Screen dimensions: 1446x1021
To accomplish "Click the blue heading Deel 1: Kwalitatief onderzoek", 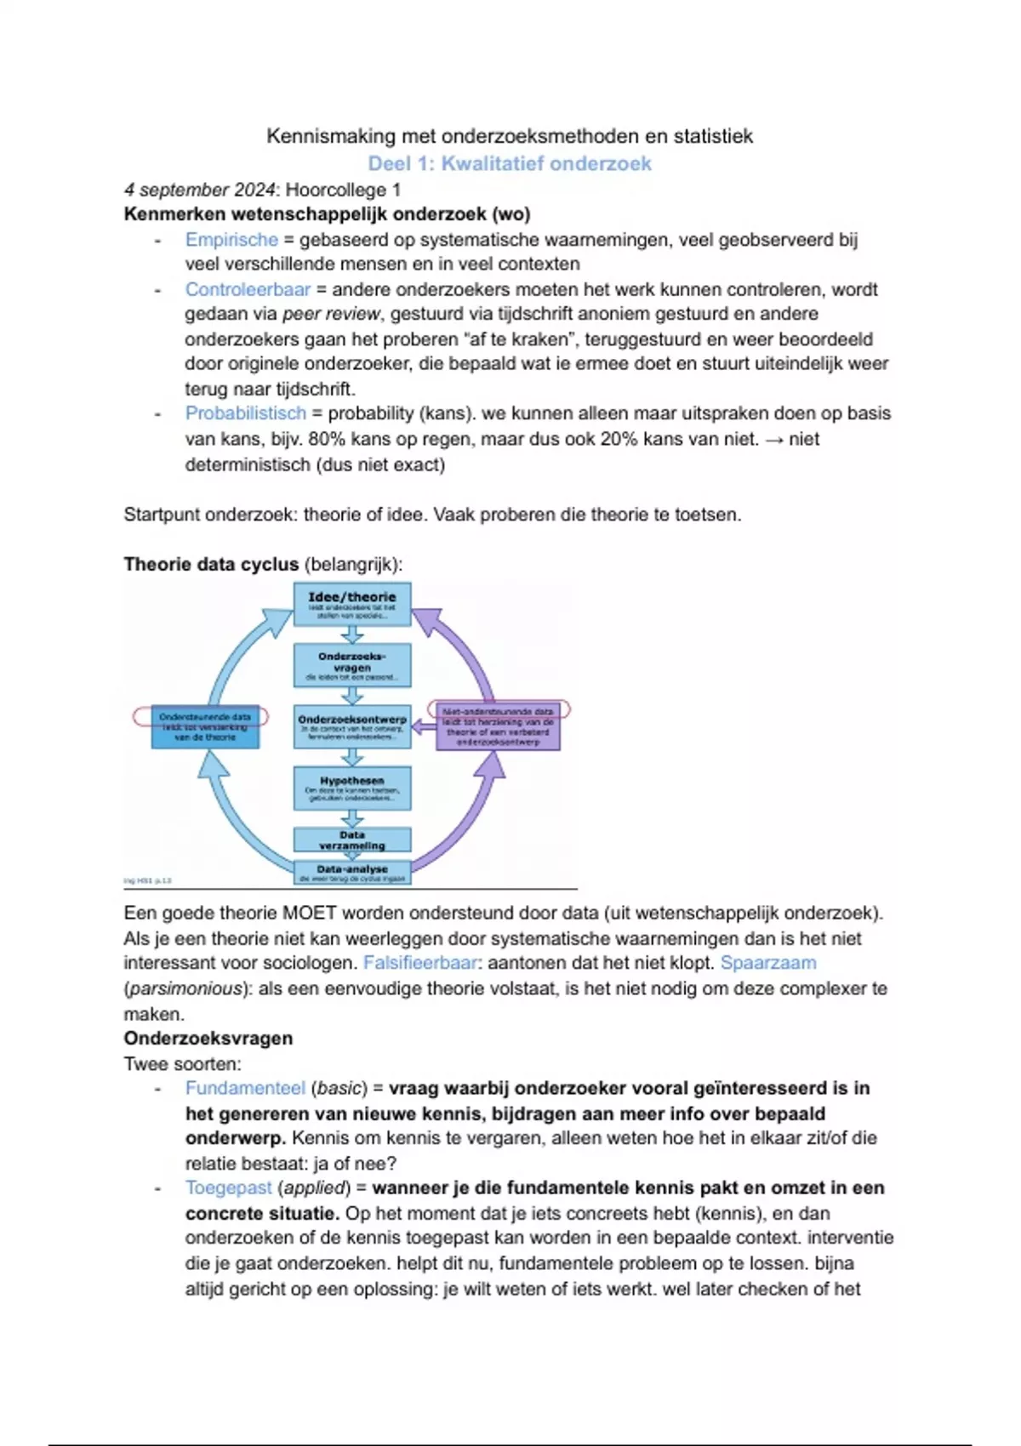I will [x=509, y=163].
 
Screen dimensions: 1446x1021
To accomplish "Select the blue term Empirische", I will [x=231, y=240].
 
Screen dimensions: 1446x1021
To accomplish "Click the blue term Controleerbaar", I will [x=248, y=289].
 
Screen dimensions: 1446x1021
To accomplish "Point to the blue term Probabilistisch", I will [x=245, y=413].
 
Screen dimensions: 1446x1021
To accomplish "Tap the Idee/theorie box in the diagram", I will [x=352, y=604].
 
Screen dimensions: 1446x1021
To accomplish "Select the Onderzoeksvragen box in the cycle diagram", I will [x=352, y=665].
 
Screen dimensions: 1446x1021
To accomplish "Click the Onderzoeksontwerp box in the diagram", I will [x=352, y=726].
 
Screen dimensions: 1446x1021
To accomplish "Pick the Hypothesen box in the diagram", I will [x=352, y=788].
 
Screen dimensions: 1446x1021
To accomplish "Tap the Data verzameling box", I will [x=352, y=840].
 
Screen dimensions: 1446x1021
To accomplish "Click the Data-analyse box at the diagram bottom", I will [x=352, y=873].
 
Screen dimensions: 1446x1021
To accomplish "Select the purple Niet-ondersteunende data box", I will [x=498, y=726].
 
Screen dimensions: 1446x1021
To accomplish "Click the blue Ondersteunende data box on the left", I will [x=205, y=727].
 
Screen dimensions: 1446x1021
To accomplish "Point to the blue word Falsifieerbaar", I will [x=419, y=963].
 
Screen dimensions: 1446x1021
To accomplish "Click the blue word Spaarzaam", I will [x=767, y=963].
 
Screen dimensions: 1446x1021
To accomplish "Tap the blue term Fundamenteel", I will [x=245, y=1089].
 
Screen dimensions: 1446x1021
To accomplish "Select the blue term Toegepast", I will [x=228, y=1188].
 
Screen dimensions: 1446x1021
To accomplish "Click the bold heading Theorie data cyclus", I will [x=211, y=565].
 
